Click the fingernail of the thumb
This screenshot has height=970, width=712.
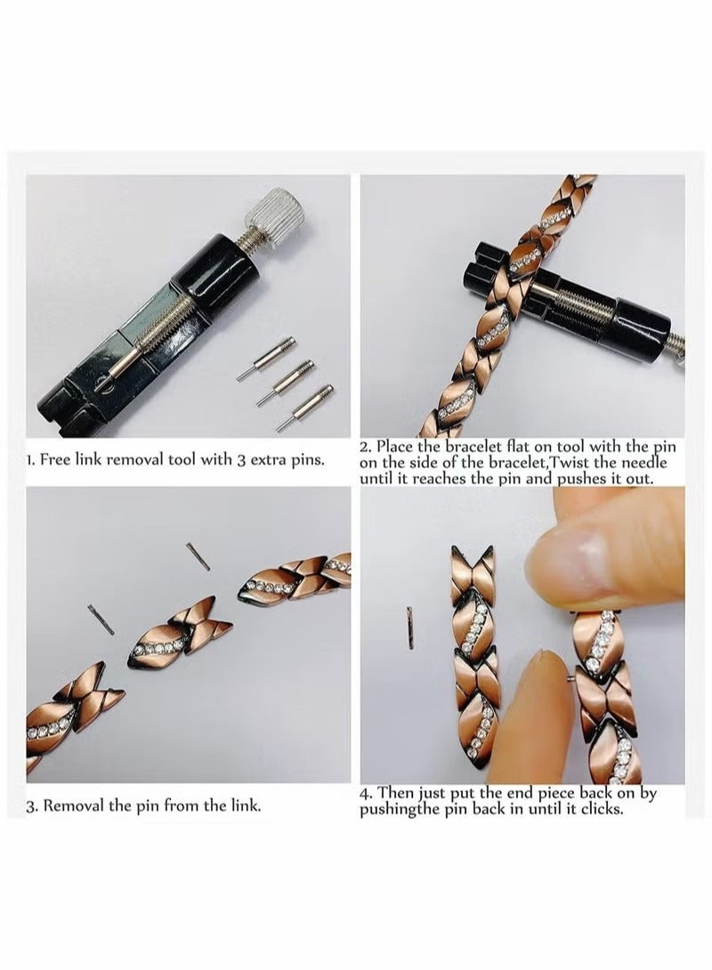(x=570, y=570)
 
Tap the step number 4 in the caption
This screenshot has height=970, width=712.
(x=365, y=793)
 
